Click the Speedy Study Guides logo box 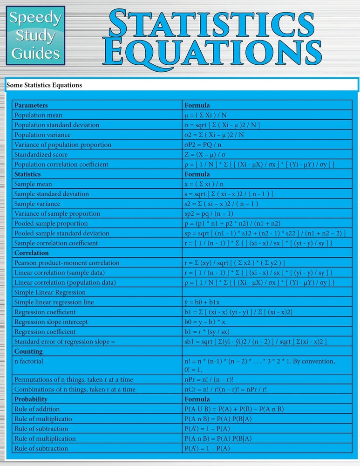[x=36, y=35]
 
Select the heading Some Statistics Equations [x=44, y=85]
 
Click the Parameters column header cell [x=31, y=105]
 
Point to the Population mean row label [x=39, y=115]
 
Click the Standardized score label [x=41, y=154]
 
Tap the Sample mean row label [x=34, y=184]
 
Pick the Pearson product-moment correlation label [x=67, y=263]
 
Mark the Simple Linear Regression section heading [x=50, y=292]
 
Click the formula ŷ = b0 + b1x [x=202, y=302]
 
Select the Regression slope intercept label [x=51, y=322]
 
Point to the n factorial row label [x=29, y=361]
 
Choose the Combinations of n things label [x=75, y=389]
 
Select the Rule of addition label [x=37, y=409]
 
